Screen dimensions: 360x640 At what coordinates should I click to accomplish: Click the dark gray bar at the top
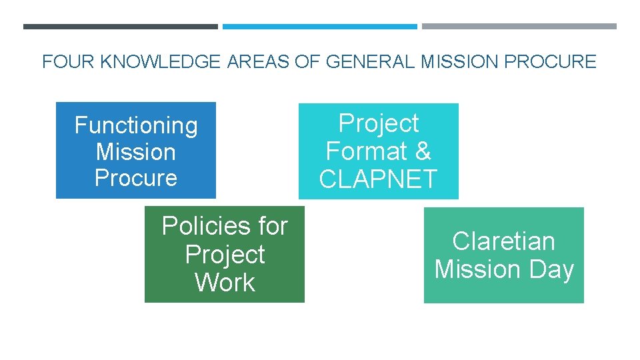point(120,27)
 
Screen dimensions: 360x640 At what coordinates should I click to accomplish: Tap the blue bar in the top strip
point(319,27)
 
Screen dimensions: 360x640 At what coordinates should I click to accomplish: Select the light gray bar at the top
point(519,27)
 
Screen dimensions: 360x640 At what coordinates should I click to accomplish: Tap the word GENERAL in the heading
point(361,62)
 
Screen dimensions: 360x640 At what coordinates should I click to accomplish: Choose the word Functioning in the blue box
point(136,125)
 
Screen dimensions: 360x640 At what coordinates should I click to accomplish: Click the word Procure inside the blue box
point(136,178)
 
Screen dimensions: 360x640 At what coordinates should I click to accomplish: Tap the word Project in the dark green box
point(225,255)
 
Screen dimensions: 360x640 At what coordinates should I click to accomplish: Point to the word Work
point(225,283)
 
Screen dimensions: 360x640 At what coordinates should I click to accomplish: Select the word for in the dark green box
point(273,226)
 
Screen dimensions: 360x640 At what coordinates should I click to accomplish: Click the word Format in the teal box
point(367,151)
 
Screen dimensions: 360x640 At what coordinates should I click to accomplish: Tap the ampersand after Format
point(423,151)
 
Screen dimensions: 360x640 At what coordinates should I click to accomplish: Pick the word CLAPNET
point(378,179)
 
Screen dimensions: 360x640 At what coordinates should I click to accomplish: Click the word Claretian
point(503,241)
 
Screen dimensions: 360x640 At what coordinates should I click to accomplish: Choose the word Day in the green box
point(550,269)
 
